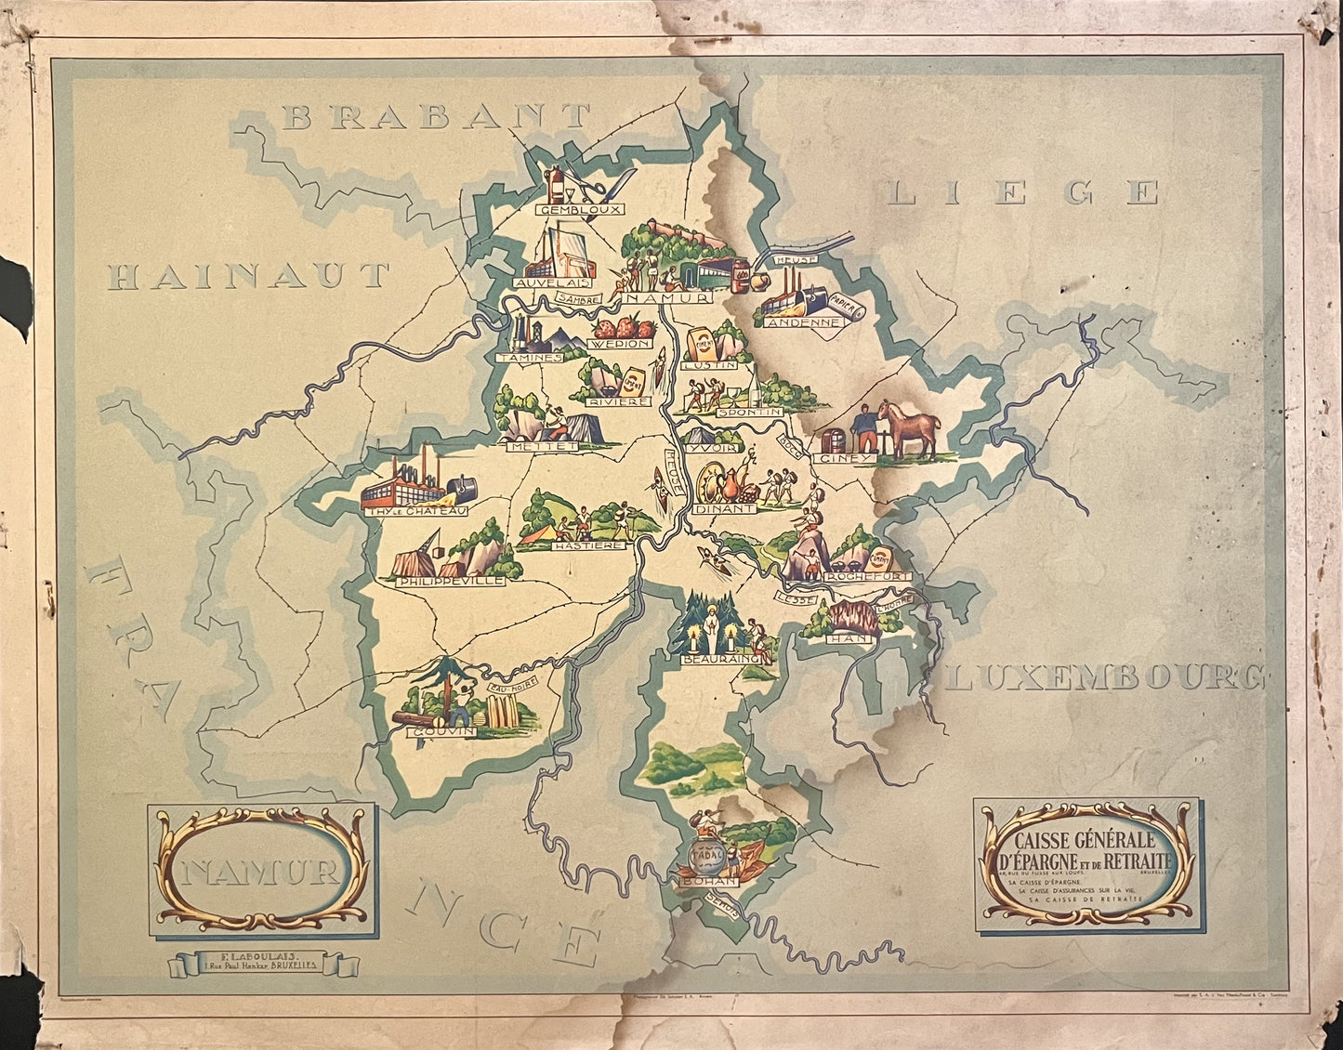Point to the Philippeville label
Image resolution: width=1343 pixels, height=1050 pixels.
click(450, 580)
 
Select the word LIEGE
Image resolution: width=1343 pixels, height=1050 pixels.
click(1023, 192)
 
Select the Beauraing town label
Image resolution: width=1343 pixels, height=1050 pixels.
click(714, 658)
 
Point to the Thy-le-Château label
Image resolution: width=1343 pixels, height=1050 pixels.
click(415, 509)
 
